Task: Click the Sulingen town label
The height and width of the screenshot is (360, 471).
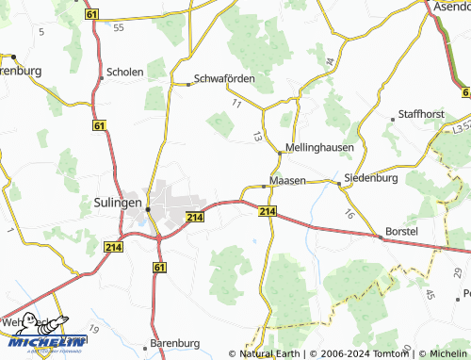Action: coord(118,202)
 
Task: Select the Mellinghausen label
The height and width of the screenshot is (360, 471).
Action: coord(318,150)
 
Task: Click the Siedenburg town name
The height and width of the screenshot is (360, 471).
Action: coord(371,177)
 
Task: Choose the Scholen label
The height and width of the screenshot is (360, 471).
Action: coord(125,73)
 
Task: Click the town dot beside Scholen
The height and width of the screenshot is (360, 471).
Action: coord(102,78)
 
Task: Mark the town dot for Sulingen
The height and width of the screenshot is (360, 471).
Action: coord(148,209)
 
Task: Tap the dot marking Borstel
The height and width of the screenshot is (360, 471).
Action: coord(381,237)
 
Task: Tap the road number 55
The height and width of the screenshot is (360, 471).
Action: coord(118,28)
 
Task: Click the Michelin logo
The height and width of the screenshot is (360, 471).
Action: coord(47,335)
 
